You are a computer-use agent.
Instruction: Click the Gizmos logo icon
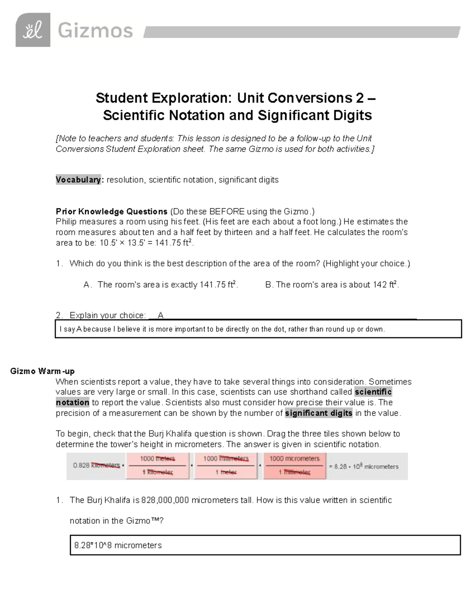click(x=33, y=30)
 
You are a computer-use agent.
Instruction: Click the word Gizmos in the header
click(x=95, y=31)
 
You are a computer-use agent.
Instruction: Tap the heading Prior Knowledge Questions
click(x=112, y=212)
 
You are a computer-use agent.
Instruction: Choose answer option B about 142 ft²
click(x=332, y=285)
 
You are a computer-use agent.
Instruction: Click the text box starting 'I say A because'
click(x=258, y=329)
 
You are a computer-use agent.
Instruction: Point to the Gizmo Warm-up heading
click(x=42, y=371)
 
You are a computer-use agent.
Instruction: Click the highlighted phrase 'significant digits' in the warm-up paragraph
click(x=318, y=413)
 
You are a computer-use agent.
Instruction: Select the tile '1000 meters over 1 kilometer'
click(x=158, y=466)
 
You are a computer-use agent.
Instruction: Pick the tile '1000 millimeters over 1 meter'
click(x=226, y=466)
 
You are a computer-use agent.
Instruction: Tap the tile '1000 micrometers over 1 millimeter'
click(x=294, y=466)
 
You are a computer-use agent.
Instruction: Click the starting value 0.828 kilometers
click(x=97, y=466)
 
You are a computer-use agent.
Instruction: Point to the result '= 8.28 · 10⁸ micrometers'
click(x=363, y=467)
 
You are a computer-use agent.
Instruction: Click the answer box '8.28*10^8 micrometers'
click(x=265, y=546)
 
